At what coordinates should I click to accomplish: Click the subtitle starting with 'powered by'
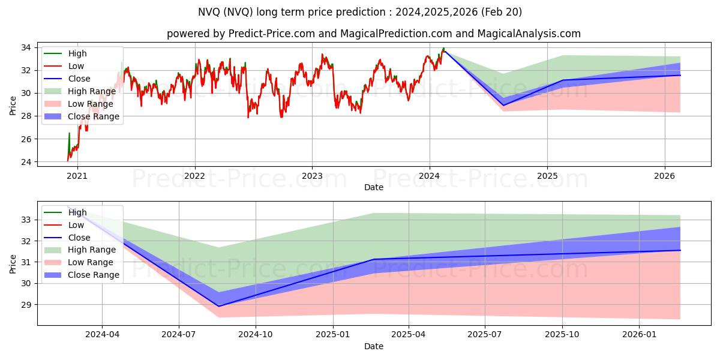373,34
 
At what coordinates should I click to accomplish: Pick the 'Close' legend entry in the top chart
79,79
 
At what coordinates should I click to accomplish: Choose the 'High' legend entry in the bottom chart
77,212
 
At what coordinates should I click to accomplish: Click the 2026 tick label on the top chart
664,176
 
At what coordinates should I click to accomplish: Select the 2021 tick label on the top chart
77,176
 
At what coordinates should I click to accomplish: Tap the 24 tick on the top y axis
28,162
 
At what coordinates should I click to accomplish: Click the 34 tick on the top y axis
28,47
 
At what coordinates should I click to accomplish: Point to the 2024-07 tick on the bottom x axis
179,335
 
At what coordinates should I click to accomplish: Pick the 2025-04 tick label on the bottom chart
409,335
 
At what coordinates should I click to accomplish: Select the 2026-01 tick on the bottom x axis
640,335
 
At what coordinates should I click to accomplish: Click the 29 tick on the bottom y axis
28,304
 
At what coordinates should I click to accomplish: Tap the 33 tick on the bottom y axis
28,220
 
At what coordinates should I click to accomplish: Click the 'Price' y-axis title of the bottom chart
13,263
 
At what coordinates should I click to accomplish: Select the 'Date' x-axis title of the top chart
373,187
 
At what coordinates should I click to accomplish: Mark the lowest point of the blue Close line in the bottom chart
218,306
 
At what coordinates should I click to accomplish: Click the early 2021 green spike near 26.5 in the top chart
69,133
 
